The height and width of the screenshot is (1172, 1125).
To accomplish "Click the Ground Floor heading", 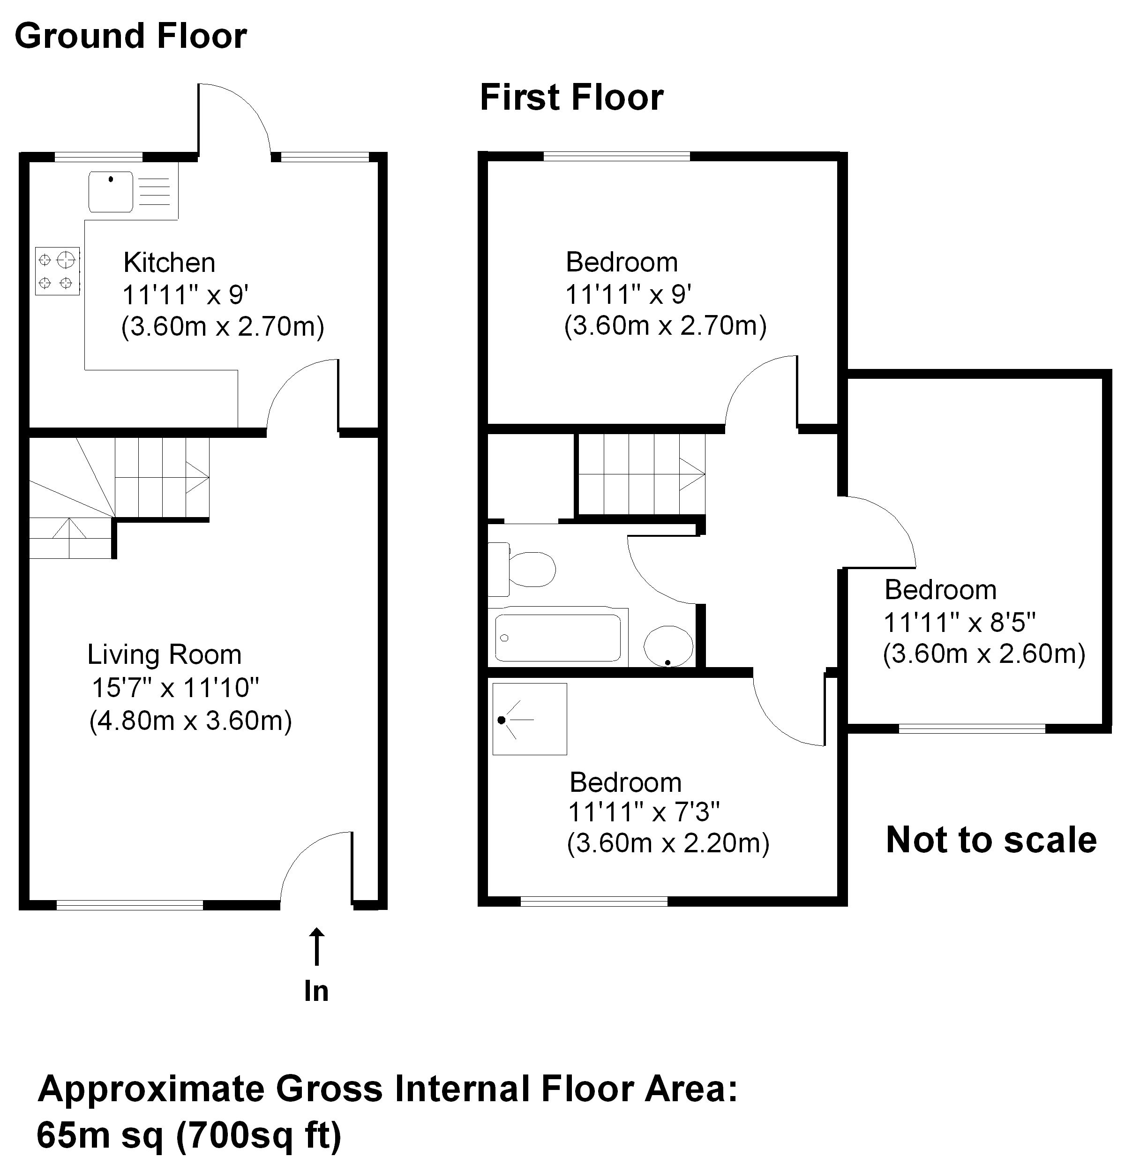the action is (x=130, y=36).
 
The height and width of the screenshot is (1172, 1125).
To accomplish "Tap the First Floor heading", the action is (x=571, y=98).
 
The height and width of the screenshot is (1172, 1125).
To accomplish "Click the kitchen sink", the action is (x=111, y=191).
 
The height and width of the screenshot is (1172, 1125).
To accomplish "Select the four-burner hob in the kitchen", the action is (x=57, y=271).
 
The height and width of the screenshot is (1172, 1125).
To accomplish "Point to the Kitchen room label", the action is (x=169, y=263).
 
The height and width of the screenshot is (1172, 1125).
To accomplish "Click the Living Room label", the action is (x=165, y=655).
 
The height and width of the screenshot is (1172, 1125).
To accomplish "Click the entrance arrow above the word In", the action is (x=316, y=947).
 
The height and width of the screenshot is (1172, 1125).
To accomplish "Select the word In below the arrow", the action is (x=316, y=991).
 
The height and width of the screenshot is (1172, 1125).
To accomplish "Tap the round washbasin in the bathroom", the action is (x=667, y=646).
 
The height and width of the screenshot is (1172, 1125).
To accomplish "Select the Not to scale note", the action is (x=990, y=840).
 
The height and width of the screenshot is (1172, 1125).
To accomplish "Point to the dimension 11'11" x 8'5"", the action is (x=959, y=623).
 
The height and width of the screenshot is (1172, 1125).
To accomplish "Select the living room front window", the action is (x=130, y=905).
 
